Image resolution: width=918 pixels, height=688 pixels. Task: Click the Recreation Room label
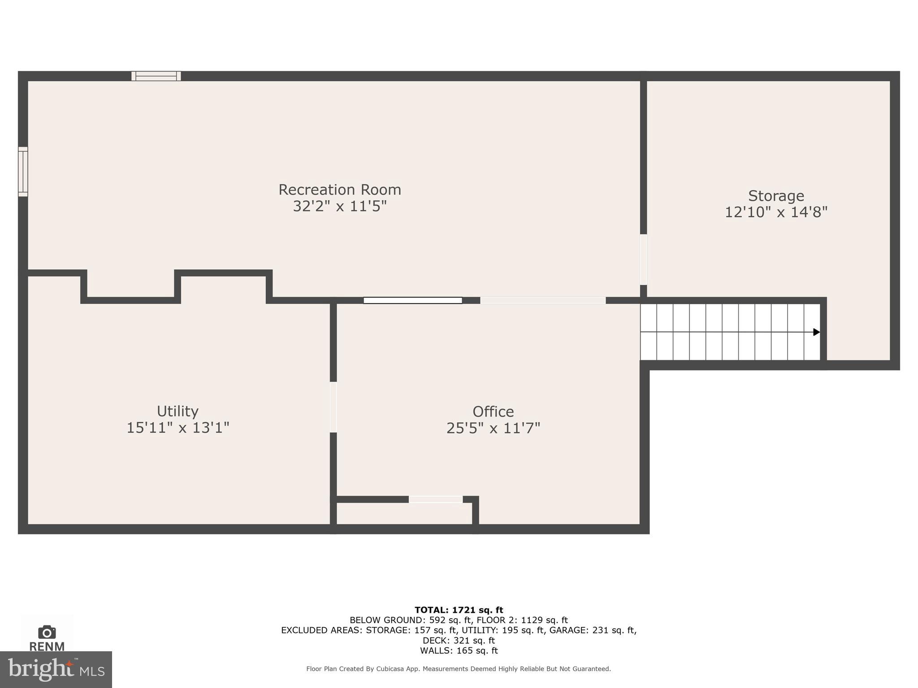(x=339, y=189)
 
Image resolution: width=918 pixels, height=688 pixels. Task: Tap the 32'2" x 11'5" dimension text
(x=339, y=206)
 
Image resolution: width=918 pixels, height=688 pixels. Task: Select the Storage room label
(x=776, y=196)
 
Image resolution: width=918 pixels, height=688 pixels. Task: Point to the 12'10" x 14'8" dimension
(x=776, y=212)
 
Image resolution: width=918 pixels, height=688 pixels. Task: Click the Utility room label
(x=178, y=411)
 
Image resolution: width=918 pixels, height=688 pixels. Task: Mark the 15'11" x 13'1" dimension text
(x=178, y=428)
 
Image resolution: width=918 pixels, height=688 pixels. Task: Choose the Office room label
(x=493, y=411)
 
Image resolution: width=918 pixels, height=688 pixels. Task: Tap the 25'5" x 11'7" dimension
(x=493, y=428)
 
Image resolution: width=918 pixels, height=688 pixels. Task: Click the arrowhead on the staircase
(x=816, y=332)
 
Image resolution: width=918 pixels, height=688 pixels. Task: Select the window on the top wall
(x=156, y=76)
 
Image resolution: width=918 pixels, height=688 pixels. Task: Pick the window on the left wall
(x=23, y=172)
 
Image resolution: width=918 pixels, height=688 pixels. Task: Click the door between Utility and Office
(x=333, y=407)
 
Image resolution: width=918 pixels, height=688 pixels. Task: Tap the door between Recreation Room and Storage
(x=643, y=259)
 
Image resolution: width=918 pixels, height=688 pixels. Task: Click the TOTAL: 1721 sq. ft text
(x=459, y=610)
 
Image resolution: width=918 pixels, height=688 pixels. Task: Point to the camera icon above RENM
(x=47, y=632)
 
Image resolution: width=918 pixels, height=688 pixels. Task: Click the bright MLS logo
(x=56, y=669)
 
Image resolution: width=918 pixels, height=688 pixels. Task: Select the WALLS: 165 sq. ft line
(x=459, y=650)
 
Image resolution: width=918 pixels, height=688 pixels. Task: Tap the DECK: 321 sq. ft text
(x=459, y=640)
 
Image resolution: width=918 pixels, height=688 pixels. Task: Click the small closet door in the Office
(x=435, y=499)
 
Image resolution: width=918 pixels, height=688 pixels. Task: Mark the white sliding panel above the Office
(x=412, y=300)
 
